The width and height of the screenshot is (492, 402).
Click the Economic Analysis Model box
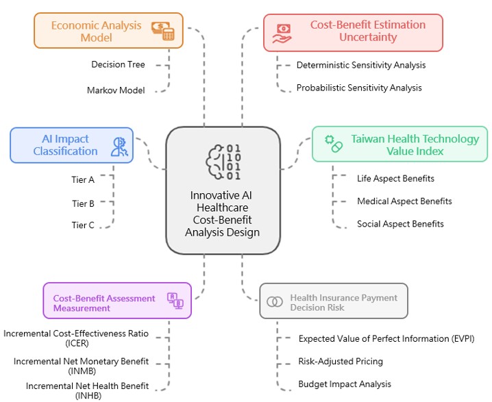(108, 31)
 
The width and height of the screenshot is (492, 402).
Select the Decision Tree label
(118, 65)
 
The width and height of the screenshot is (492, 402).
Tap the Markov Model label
(116, 90)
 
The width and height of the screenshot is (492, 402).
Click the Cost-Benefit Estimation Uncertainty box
(353, 32)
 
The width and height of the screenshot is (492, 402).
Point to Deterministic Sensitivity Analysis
(361, 65)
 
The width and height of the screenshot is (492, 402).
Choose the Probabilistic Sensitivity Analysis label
(359, 88)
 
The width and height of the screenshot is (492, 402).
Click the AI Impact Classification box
(71, 145)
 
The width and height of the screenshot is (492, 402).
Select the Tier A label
(83, 181)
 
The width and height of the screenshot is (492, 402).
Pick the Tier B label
(83, 203)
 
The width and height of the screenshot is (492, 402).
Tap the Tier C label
(83, 225)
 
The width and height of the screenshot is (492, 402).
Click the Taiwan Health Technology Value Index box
(400, 145)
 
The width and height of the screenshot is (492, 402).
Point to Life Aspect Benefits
(395, 179)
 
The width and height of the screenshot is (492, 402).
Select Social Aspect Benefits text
(400, 224)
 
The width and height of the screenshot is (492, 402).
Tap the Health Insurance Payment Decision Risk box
(334, 302)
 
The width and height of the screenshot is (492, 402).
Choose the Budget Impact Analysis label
(345, 384)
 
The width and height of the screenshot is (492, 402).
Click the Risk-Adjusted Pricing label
(341, 361)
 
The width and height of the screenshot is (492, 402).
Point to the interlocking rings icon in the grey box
(275, 302)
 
